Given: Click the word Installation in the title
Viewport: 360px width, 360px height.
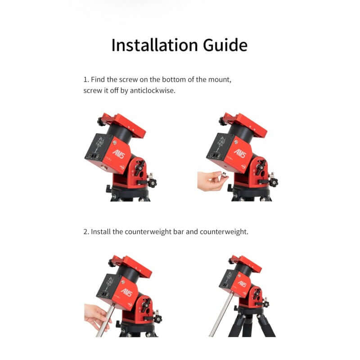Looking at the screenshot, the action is [x=154, y=45].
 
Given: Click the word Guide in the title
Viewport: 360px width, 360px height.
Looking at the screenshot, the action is [x=225, y=45].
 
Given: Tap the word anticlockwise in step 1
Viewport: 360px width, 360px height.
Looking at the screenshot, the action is [x=152, y=91].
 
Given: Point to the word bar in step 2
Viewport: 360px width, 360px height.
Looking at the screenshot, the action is [x=179, y=232].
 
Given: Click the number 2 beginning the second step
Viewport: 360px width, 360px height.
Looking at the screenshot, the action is [x=85, y=232].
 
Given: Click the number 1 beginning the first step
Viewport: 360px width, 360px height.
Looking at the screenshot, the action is [x=85, y=80].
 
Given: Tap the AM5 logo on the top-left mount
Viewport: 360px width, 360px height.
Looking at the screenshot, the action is [x=118, y=154].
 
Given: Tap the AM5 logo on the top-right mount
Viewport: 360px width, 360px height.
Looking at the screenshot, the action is [x=240, y=153].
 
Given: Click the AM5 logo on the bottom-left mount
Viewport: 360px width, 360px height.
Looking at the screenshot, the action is [x=127, y=292].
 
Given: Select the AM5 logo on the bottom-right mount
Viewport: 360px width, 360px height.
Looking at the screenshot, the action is [x=242, y=284].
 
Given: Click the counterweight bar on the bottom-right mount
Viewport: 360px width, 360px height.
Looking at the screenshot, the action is [x=221, y=315].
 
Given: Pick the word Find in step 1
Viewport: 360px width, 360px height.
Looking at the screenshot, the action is [x=98, y=80].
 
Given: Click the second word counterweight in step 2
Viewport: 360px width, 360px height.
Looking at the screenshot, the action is [x=224, y=232].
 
